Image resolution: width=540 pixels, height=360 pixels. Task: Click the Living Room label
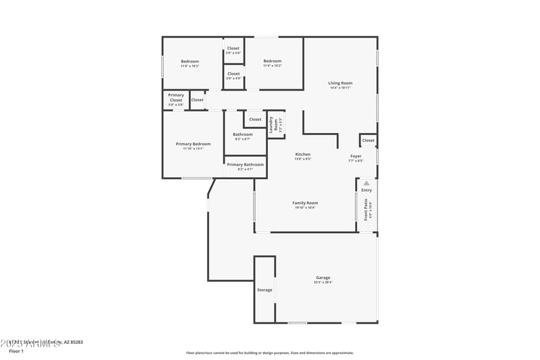pos(341,83)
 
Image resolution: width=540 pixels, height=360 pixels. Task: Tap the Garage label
pos(323,278)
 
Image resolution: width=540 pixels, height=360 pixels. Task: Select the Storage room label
pos(265,290)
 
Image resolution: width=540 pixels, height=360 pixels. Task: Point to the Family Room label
pos(305,203)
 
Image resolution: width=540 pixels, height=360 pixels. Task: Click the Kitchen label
pos(303,155)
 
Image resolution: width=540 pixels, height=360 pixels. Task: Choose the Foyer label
pos(356,156)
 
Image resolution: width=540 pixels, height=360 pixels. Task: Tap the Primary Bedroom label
pos(193,144)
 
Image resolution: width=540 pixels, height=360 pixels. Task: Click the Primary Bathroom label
pos(245,165)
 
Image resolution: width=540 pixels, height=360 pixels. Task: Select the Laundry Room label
pos(276,124)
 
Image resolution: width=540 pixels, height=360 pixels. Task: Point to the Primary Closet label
pos(175,98)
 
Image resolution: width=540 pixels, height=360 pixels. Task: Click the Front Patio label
pos(367,210)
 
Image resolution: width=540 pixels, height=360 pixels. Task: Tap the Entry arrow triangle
pos(367,183)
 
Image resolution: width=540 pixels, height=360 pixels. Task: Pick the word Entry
pos(367,190)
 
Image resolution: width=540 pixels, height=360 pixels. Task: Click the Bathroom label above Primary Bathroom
pos(243,134)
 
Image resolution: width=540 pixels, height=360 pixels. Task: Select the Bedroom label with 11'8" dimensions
pos(190,61)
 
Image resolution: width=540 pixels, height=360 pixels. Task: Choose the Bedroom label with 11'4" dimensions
pos(272,61)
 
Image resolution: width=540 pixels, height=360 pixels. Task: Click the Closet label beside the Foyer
pos(368,140)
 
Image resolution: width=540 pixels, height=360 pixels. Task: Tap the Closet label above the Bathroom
pos(255,120)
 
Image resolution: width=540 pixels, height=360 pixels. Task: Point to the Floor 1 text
pos(16,351)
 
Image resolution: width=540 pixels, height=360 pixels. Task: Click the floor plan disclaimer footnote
pos(270,353)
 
